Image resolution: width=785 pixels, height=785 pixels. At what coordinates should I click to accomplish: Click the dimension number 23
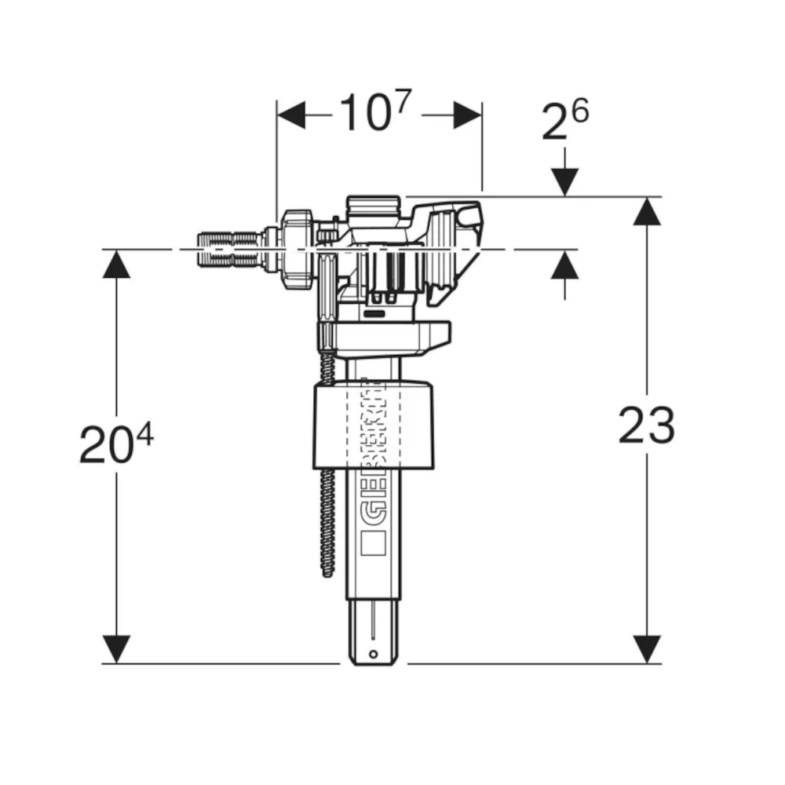pos(646,425)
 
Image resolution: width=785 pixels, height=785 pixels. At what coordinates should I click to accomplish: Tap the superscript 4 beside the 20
pos(145,435)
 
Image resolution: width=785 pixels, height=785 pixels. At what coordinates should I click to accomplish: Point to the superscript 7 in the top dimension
pos(403,101)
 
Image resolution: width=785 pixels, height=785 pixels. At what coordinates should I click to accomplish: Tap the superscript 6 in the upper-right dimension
pos(581,111)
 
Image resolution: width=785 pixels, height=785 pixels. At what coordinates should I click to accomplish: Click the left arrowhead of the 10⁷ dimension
pos(291,115)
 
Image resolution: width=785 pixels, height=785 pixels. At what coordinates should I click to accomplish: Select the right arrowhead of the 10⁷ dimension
pos(468,115)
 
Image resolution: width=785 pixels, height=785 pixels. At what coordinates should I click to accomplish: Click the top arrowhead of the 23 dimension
pos(647,210)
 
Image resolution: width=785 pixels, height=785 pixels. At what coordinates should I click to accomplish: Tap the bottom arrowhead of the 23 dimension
pos(647,649)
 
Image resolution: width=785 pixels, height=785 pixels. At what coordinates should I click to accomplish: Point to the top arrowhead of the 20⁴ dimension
pos(116,264)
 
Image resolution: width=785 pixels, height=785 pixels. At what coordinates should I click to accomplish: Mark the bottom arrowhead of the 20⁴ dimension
pos(116,649)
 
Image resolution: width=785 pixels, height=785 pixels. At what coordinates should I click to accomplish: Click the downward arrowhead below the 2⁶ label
pos(564,182)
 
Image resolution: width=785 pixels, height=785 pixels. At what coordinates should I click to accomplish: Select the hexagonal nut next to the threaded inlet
pos(298,250)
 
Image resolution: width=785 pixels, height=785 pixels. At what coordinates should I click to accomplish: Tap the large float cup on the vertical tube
pos(374,425)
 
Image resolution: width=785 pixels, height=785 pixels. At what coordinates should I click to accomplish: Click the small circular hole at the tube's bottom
pos(373,654)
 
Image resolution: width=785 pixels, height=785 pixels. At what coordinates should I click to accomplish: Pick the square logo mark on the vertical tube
pos(374,543)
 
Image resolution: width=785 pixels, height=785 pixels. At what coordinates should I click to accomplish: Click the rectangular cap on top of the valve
pos(374,206)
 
